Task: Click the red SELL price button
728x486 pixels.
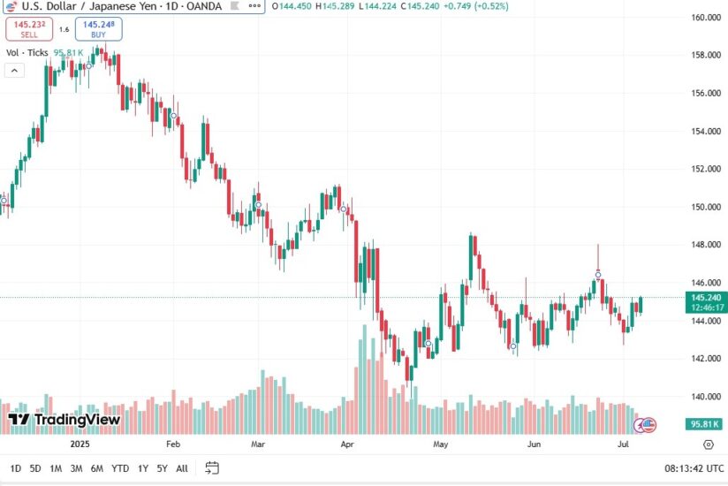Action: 28,28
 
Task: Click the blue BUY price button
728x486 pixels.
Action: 99,28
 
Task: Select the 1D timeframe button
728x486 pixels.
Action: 15,468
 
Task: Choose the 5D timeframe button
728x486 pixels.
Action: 35,468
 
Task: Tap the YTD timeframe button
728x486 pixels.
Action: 120,468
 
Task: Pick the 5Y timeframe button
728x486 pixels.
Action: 162,468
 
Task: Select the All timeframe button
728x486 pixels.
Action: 182,468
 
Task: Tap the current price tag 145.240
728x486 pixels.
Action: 708,298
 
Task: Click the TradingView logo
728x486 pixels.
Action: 64,420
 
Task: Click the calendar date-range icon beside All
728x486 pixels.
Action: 212,468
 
